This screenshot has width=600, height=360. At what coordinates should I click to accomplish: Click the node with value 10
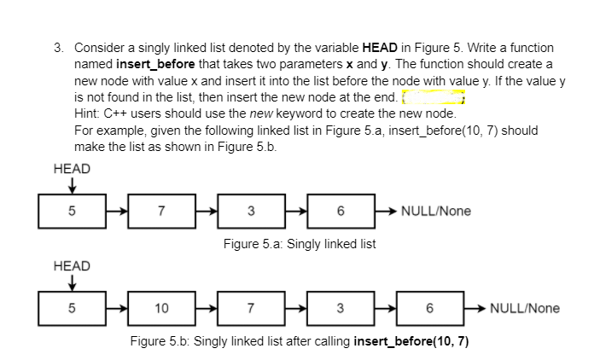point(160,308)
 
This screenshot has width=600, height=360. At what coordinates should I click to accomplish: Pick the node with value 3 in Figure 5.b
point(341,308)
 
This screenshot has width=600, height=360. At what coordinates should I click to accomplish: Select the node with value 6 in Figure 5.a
point(341,211)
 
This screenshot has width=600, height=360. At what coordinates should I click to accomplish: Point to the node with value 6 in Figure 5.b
point(431,308)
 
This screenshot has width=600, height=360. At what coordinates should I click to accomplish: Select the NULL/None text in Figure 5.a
point(435,211)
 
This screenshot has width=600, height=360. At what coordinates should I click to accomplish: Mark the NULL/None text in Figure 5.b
point(526,308)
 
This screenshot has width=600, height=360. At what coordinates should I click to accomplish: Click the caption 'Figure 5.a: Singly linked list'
point(300,244)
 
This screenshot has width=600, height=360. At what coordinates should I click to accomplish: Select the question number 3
point(56,48)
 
